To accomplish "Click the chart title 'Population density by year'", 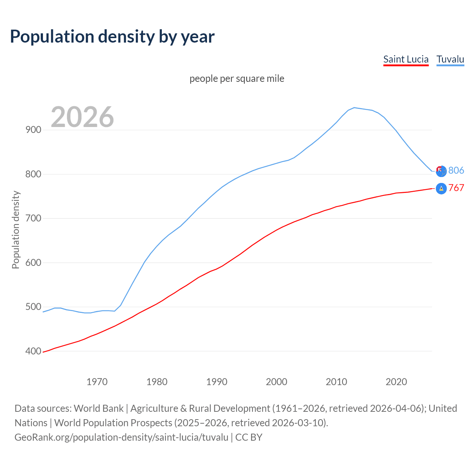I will [112, 37].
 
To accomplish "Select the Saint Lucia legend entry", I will [406, 59].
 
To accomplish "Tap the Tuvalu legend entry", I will [450, 59].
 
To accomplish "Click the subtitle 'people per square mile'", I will [237, 79].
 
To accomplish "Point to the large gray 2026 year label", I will [82, 117].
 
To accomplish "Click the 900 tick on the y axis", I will [33, 130].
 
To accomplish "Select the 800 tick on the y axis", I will [33, 174].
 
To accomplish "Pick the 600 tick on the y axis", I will [33, 263].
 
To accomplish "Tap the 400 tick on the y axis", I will [33, 351].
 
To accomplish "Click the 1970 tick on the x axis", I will [97, 382].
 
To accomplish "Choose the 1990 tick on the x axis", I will [217, 382].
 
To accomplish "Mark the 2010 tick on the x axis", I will [336, 382].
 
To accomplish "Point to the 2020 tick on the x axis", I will [396, 382].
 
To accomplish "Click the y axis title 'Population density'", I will [16, 230].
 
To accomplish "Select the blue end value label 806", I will [456, 170].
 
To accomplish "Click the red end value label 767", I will [456, 188].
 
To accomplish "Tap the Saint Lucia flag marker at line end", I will [441, 188].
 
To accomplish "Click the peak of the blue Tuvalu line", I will [354, 108].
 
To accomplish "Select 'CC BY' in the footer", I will [249, 437].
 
